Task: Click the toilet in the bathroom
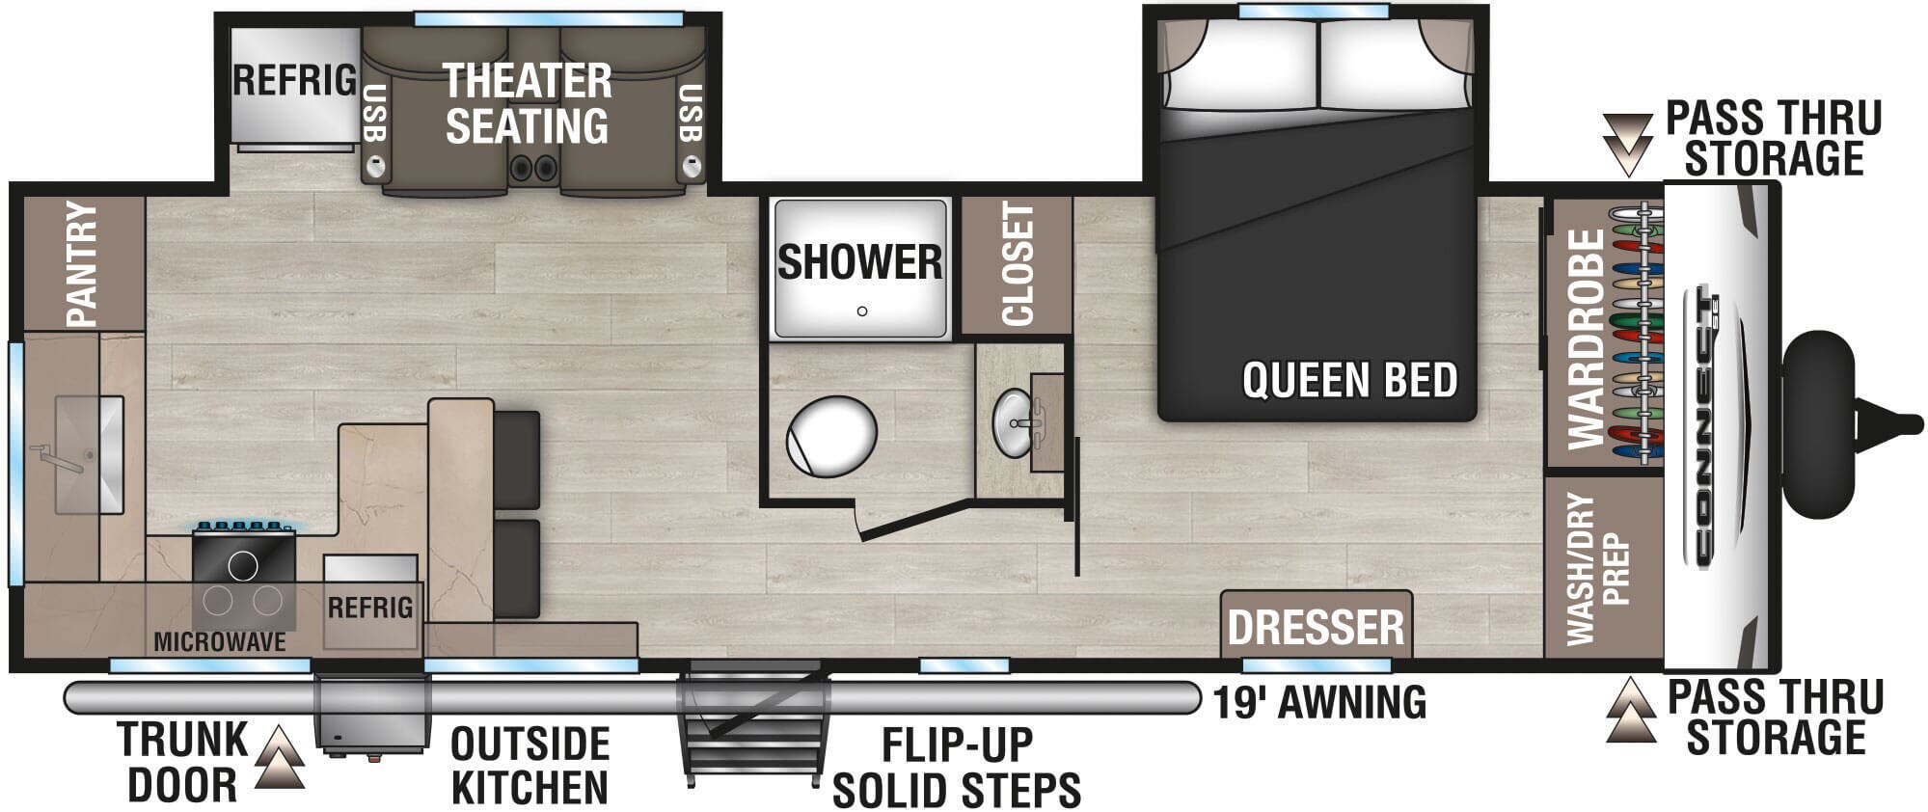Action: pos(831,437)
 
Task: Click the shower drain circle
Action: pos(862,311)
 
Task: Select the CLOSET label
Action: pos(1018,264)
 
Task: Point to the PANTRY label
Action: pos(82,263)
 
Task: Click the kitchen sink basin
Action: pos(89,454)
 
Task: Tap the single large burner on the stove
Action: pos(243,565)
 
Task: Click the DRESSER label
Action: pos(1316,628)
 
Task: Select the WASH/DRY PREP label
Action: pos(1598,569)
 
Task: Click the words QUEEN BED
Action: pos(1349,380)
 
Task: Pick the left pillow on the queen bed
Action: pos(1242,66)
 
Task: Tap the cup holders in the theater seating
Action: pos(533,168)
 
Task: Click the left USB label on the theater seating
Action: pos(375,114)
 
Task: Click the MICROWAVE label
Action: pos(220,641)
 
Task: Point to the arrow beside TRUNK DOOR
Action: pos(280,759)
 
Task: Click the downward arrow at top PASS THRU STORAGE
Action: pos(1627,145)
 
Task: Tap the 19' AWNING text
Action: pos(1319,702)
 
